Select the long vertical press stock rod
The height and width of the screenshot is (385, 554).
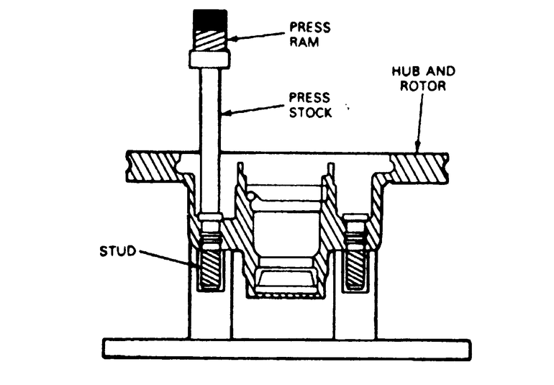click(x=209, y=144)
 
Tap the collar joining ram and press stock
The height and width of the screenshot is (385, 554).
click(x=209, y=58)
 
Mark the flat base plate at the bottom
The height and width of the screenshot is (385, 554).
click(x=287, y=348)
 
